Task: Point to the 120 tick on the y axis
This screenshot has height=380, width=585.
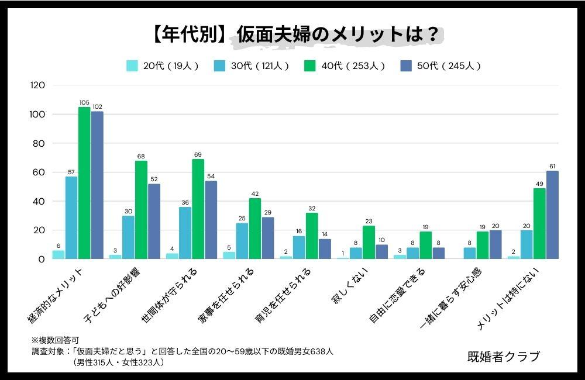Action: [37, 85]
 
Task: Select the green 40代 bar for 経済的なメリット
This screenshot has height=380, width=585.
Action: [85, 183]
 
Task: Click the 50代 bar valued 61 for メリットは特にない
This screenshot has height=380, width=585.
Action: [552, 215]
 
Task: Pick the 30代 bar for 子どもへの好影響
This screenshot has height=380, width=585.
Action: [128, 237]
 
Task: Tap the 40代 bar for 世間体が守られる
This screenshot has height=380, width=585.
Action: [198, 209]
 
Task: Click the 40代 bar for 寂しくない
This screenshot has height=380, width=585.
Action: [369, 242]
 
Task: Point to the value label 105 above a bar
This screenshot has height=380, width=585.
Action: [84, 103]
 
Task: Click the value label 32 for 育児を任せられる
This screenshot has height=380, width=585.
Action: [312, 208]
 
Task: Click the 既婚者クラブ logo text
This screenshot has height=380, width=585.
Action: [503, 356]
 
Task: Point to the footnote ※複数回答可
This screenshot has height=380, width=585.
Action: [55, 340]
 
